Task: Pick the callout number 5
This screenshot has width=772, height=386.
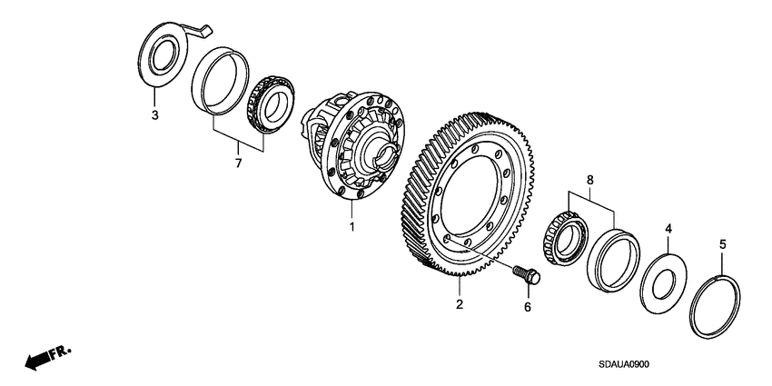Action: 723,243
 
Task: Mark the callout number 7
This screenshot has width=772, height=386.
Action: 239,163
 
